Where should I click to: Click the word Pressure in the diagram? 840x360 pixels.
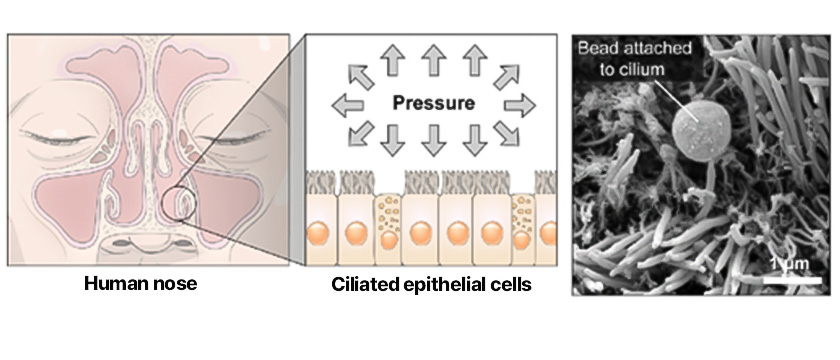pyautogui.click(x=433, y=102)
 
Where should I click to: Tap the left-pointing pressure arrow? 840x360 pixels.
pyautogui.click(x=348, y=105)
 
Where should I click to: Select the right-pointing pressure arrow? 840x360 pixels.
pyautogui.click(x=519, y=105)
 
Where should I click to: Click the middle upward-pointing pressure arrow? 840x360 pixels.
pyautogui.click(x=433, y=61)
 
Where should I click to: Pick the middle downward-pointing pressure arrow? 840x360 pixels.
pyautogui.click(x=433, y=141)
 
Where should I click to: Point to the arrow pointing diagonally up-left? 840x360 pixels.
pyautogui.click(x=361, y=76)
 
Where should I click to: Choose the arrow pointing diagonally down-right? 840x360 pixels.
pyautogui.click(x=506, y=133)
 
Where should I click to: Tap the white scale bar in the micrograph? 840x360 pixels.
pyautogui.click(x=792, y=280)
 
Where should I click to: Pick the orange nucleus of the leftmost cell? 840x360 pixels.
pyautogui.click(x=317, y=234)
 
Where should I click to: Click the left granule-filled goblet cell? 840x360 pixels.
pyautogui.click(x=388, y=228)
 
